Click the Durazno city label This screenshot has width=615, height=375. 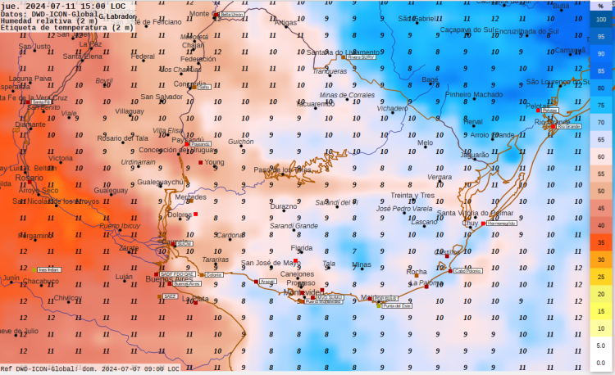284,206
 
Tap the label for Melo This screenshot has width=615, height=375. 425,143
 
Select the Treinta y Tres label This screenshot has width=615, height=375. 412,196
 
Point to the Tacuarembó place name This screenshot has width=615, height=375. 315,104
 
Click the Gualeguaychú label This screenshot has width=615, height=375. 162,183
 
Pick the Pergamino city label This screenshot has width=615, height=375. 36,236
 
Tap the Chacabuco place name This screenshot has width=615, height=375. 41,282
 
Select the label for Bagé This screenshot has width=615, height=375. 430,79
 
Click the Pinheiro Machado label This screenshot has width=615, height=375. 474,95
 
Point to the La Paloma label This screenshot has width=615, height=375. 426,282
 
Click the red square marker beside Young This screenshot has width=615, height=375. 199,163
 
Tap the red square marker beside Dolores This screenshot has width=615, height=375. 195,215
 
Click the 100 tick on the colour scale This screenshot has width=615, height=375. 601,19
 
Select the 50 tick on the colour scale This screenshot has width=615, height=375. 601,191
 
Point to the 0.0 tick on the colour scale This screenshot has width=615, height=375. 601,363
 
